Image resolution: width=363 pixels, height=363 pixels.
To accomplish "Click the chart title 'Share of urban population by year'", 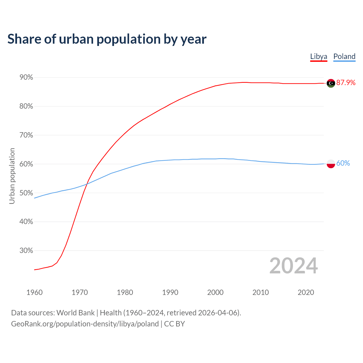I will (107, 39).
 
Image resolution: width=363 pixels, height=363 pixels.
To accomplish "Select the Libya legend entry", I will (318, 56).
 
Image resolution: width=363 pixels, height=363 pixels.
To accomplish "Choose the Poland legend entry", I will (344, 56).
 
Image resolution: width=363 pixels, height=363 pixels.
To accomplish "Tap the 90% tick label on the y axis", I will (26, 77).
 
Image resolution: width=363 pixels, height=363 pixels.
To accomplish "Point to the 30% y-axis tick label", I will (26, 251).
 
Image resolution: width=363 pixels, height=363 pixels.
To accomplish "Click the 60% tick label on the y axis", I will (26, 164).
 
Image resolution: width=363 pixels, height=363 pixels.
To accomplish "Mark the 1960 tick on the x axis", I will (34, 292).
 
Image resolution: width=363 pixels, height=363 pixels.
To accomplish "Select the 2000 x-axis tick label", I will (215, 292).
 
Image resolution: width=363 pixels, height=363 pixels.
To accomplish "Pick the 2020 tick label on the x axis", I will (306, 292).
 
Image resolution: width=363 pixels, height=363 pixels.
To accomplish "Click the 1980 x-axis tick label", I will (125, 292).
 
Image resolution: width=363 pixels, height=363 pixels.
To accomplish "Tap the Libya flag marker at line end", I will (331, 83).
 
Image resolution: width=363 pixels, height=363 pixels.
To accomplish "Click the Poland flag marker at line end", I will (331, 164).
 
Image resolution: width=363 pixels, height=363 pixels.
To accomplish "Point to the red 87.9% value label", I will (346, 83).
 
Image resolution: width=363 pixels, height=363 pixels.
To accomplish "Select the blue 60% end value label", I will (343, 163).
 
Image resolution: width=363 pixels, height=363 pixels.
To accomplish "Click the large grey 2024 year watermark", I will (294, 266).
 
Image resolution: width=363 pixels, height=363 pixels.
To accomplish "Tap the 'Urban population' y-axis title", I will (12, 176).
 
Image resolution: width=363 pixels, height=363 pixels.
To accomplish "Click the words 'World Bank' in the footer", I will (75, 313).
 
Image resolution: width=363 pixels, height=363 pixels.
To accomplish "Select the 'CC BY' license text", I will (174, 324).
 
